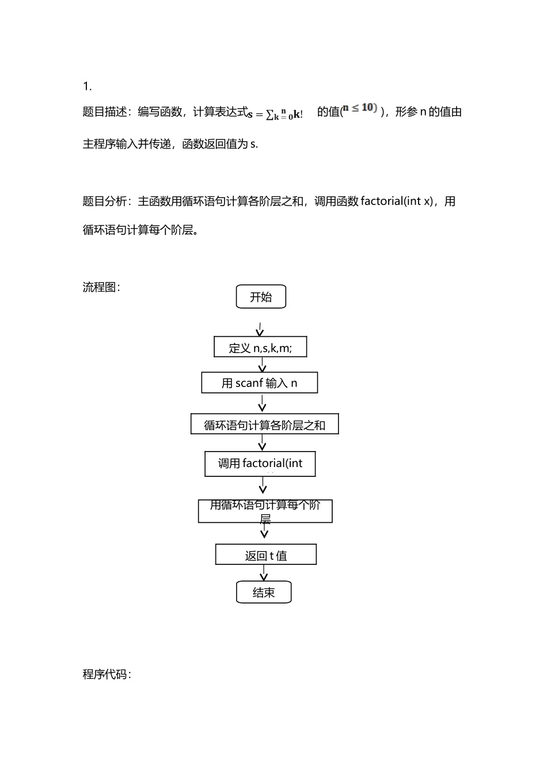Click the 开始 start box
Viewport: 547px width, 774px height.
261,297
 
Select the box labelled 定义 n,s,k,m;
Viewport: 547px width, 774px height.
260,347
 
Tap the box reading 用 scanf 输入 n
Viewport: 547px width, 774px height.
259,383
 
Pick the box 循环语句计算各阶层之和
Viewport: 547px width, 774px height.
264,424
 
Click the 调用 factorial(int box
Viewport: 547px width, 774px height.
260,464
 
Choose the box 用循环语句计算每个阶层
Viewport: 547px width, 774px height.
265,511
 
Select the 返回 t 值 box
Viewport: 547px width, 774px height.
265,555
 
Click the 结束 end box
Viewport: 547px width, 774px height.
264,592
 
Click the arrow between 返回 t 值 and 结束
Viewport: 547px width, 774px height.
264,573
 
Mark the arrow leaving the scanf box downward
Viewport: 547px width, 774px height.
263,403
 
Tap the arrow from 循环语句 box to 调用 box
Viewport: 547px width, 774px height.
263,442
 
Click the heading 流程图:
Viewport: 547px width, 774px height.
101,287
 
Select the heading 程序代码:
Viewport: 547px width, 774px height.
107,674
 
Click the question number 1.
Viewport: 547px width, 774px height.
87,86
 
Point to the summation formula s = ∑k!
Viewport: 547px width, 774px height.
275,113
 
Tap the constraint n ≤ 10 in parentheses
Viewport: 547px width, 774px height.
360,108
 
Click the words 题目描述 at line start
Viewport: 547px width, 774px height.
105,112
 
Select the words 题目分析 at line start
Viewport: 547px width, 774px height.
105,201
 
